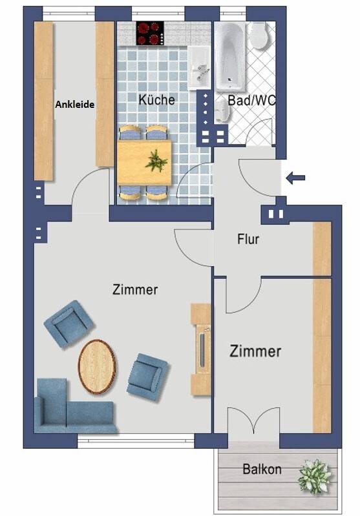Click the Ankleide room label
click(x=75, y=105)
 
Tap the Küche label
click(x=156, y=99)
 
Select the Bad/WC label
click(x=251, y=100)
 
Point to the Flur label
click(x=248, y=239)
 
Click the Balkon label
click(x=262, y=469)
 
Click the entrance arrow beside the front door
click(x=295, y=178)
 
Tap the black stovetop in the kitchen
click(x=150, y=33)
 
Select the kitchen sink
click(x=199, y=68)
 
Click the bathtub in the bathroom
click(x=230, y=56)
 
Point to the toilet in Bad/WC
click(x=260, y=36)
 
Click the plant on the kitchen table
click(x=156, y=161)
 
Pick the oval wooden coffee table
click(x=97, y=367)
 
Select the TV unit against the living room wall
click(x=201, y=349)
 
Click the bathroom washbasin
click(x=222, y=110)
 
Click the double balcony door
click(x=253, y=420)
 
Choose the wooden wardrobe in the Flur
click(x=322, y=249)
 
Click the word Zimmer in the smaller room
click(x=255, y=351)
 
